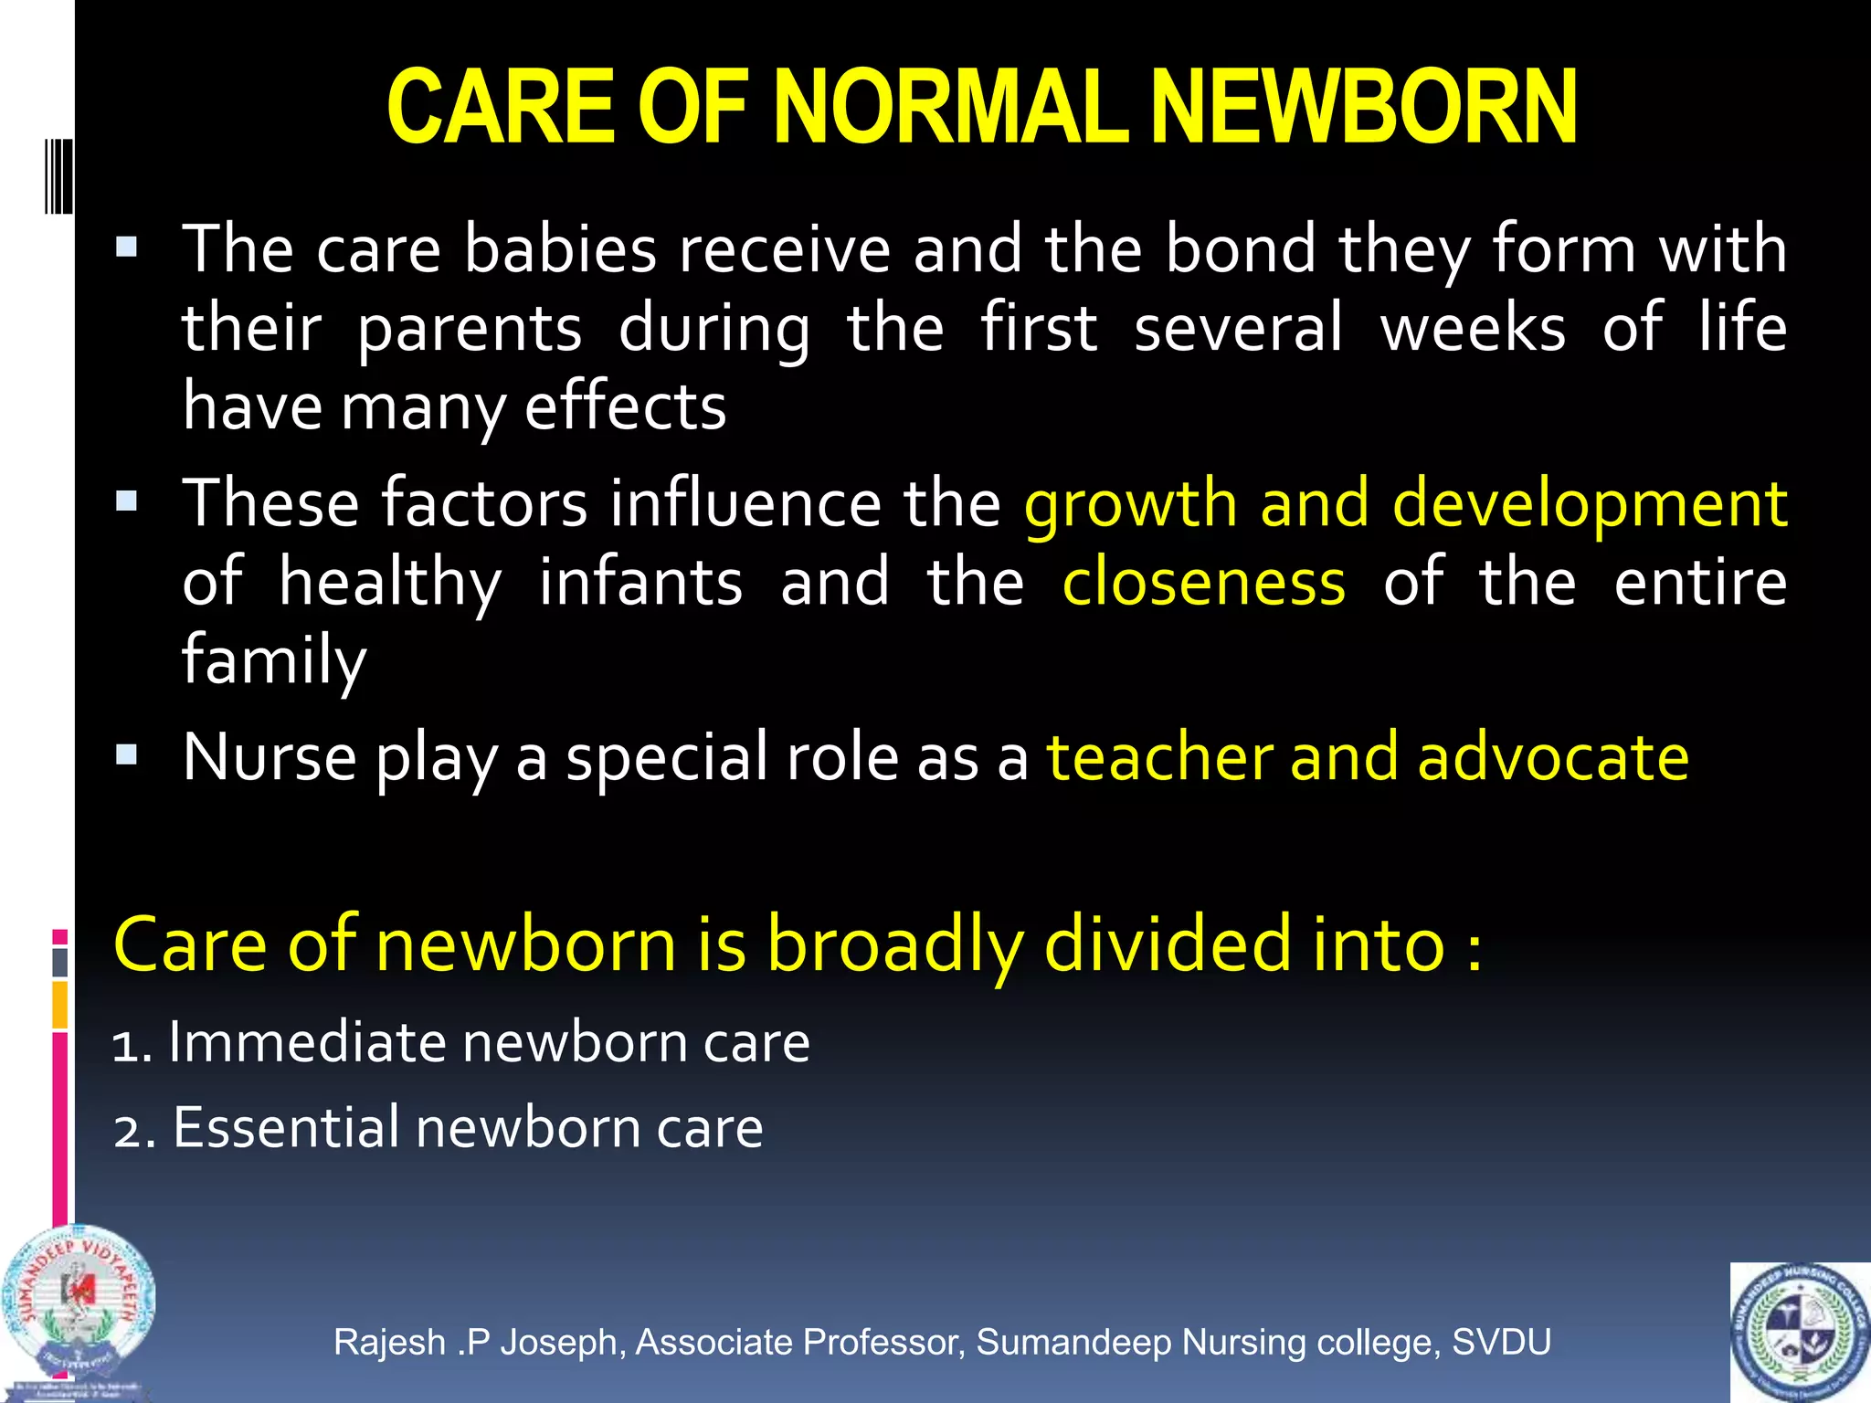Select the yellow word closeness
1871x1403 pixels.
pyautogui.click(x=1203, y=583)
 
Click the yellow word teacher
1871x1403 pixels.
pyautogui.click(x=1158, y=757)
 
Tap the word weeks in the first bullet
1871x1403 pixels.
pyautogui.click(x=1473, y=327)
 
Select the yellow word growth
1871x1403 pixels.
pyautogui.click(x=1130, y=504)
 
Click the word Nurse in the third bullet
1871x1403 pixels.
pyautogui.click(x=270, y=757)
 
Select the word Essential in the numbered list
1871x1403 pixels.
pyautogui.click(x=286, y=1127)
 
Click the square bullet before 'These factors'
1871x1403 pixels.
pyautogui.click(x=127, y=501)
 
